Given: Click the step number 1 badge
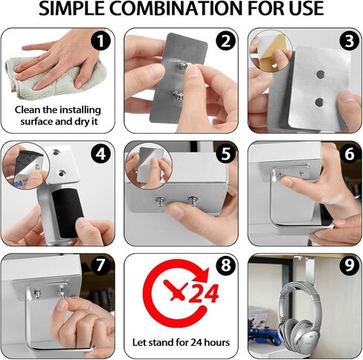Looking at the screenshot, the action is [x=100, y=41].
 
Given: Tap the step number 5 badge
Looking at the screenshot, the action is [x=225, y=154].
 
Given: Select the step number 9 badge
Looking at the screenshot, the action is [x=350, y=266].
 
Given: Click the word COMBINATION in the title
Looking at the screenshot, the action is [x=176, y=8].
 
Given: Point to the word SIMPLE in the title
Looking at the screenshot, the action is [x=71, y=8].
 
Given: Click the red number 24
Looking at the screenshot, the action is [x=204, y=294].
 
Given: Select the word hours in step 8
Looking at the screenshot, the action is [x=216, y=342].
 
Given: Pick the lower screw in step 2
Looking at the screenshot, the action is [x=179, y=96].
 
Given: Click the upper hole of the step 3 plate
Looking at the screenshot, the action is [x=321, y=74].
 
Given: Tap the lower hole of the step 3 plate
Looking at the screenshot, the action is [x=319, y=102].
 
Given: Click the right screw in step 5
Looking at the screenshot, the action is [x=193, y=200].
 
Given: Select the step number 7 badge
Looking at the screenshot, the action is [x=100, y=266].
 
